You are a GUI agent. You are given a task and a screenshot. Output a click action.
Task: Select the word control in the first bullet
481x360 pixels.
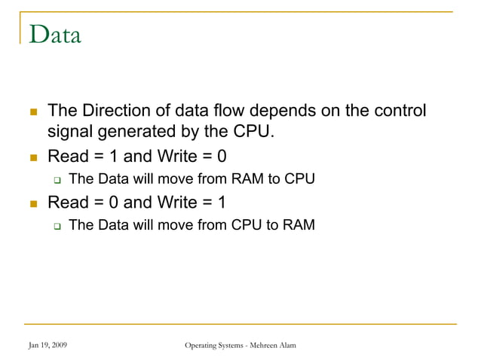click(x=399, y=111)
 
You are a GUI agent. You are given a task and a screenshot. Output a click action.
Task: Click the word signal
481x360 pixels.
click(x=70, y=134)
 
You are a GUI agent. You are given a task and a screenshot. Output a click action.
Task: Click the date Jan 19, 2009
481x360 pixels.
click(x=47, y=345)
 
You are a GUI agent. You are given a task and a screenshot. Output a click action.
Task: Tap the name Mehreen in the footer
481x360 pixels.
click(x=260, y=345)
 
